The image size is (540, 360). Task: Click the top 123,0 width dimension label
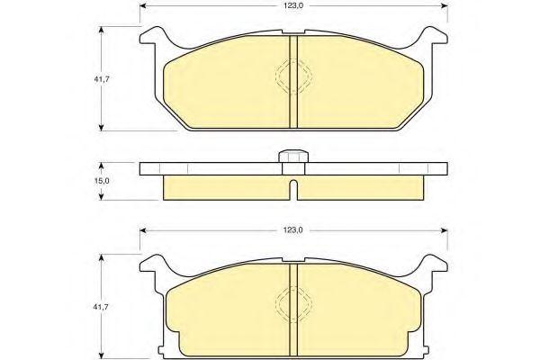[x=293, y=7]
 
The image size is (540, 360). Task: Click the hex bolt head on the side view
[x=292, y=157]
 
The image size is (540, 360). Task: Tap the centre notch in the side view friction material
[x=293, y=190]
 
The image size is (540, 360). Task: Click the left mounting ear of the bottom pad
[x=155, y=265]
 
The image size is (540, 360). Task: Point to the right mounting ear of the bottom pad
[x=432, y=265]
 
